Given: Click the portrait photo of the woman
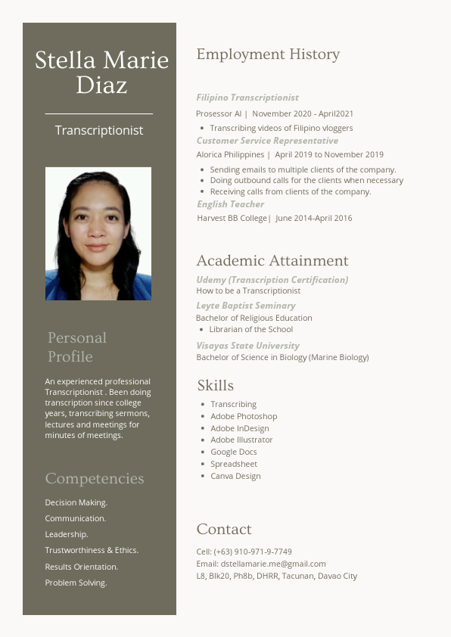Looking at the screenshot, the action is [x=98, y=234].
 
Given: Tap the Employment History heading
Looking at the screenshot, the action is [x=268, y=54].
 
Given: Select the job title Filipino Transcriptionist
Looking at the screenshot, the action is [x=247, y=98].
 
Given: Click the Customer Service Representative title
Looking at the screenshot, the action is [x=267, y=141].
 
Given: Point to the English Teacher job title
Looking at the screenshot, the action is [x=231, y=204].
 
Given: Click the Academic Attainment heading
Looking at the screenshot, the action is [x=272, y=261].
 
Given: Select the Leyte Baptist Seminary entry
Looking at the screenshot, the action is [x=246, y=306].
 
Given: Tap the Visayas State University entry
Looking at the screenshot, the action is [x=247, y=346].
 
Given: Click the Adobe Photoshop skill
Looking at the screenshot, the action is [x=244, y=416].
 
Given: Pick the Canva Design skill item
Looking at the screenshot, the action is [x=235, y=476].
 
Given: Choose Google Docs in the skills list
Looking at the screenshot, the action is [x=233, y=452].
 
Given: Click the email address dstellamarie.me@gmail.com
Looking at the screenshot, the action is [x=273, y=564].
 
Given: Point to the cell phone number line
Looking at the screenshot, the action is [x=244, y=552].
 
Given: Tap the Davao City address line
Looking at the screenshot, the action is [x=276, y=576].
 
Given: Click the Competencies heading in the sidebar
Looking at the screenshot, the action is [x=95, y=479].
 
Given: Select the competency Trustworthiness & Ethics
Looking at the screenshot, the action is [x=92, y=550].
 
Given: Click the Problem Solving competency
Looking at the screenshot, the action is [x=76, y=583].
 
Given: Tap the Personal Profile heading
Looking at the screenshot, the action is [x=77, y=346].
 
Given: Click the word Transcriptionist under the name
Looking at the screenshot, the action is [x=99, y=130].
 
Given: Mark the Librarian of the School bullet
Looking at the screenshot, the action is [x=250, y=329].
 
